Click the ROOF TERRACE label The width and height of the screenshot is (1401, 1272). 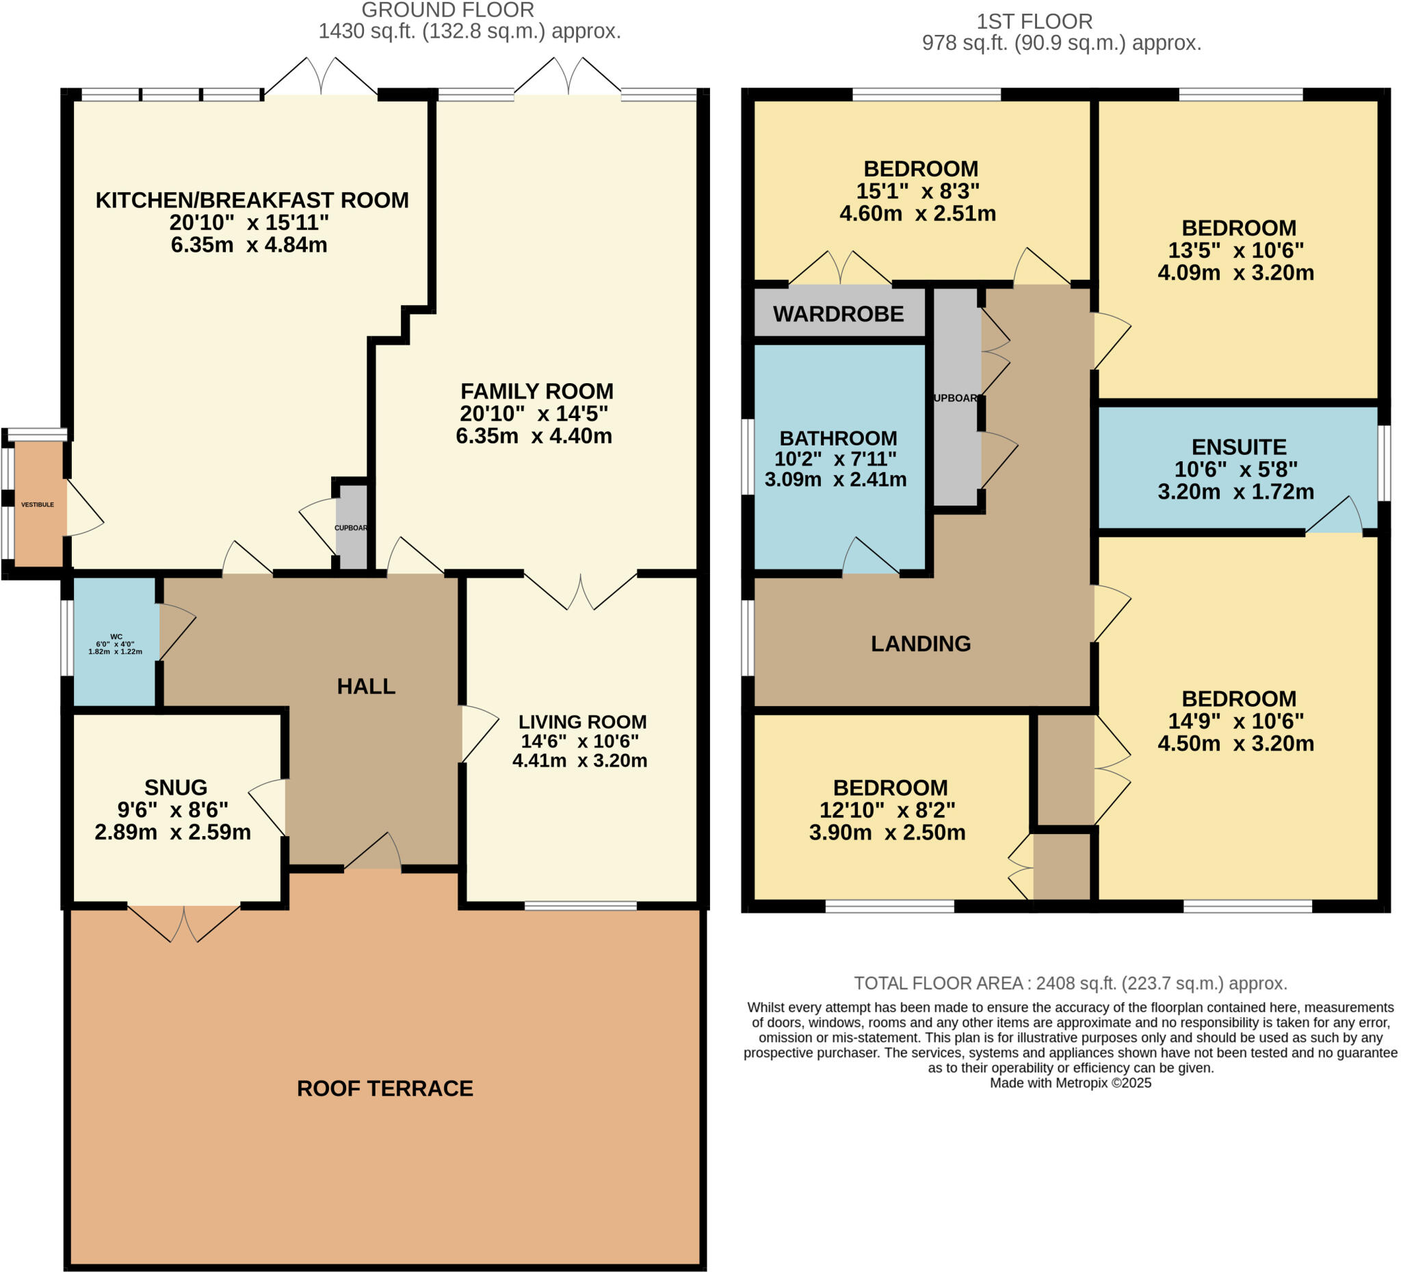(385, 1088)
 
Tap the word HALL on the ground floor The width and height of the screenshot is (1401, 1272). (366, 686)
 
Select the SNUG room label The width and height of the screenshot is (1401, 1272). (176, 787)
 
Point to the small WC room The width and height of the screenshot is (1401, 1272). (116, 642)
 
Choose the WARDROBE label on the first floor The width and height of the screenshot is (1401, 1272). (838, 314)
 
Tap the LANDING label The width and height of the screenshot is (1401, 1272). (921, 644)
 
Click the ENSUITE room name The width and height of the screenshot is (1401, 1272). (1239, 446)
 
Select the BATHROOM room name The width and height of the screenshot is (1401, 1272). (838, 438)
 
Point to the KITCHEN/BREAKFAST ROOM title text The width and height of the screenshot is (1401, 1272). (252, 200)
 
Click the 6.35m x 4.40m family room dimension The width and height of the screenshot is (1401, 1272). (534, 436)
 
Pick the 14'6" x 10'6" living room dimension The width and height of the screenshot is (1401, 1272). (579, 741)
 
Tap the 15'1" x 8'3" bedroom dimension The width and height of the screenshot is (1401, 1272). (917, 190)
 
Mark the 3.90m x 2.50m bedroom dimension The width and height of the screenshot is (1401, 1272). (887, 832)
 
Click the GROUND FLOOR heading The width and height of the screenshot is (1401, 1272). (447, 10)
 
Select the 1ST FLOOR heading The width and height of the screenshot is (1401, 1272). (1035, 21)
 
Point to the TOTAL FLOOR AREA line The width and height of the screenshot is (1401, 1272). (1070, 983)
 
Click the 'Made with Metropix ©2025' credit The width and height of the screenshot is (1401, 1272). (1070, 1083)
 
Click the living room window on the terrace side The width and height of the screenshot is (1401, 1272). (580, 906)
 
